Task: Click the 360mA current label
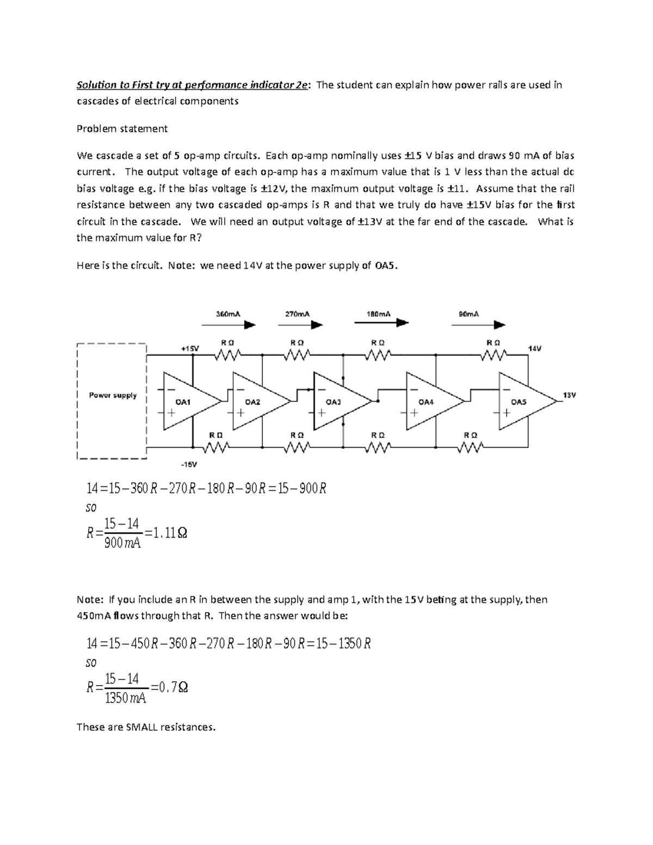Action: [228, 314]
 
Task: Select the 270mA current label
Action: [298, 314]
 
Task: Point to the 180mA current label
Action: [378, 314]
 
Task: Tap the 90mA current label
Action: [469, 314]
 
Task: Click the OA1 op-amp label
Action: [183, 402]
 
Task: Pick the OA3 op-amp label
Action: [333, 402]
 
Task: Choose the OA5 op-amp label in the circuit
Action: [519, 402]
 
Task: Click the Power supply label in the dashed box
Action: [113, 396]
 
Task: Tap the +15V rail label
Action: [190, 348]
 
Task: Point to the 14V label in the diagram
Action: [534, 348]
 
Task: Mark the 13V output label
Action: [569, 395]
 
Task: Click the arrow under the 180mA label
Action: [381, 323]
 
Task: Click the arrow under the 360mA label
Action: [228, 325]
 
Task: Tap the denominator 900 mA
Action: [122, 542]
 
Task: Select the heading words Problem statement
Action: [122, 129]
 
